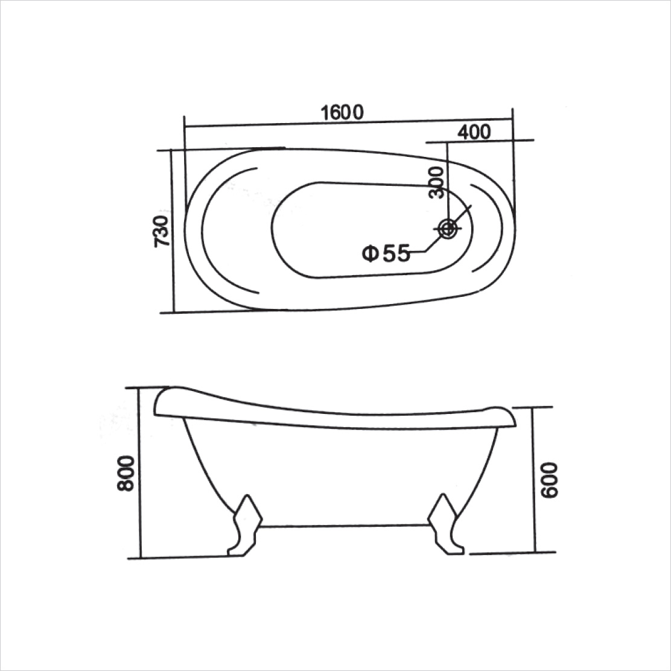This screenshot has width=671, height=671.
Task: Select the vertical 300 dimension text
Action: click(437, 182)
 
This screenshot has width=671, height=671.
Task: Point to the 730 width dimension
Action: click(161, 231)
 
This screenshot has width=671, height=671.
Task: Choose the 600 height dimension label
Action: click(551, 480)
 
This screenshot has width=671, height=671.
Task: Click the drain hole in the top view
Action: click(448, 228)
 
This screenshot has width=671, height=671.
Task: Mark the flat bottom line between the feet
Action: click(344, 526)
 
